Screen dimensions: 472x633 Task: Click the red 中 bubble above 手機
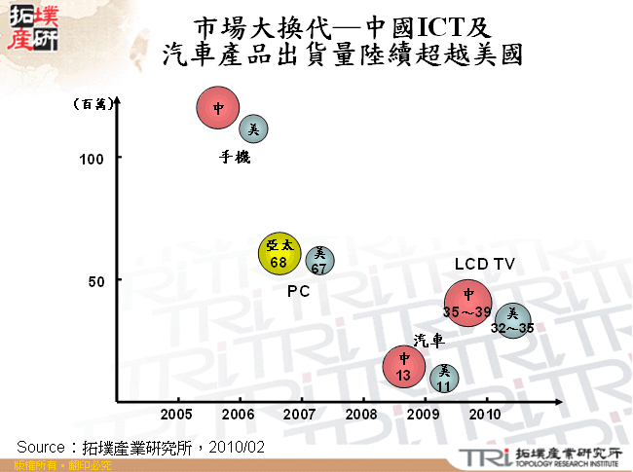pos(218,108)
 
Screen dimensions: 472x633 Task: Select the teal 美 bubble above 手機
pos(253,128)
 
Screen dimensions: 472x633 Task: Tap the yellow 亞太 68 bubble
pos(279,254)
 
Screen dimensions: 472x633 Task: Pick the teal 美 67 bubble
pos(319,259)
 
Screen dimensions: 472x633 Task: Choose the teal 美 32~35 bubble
pos(512,320)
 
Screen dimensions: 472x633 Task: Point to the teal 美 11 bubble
pos(444,377)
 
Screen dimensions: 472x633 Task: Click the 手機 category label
pos(235,157)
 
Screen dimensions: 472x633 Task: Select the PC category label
pos(298,291)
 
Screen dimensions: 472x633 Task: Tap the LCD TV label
pos(484,264)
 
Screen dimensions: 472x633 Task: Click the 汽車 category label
pos(428,340)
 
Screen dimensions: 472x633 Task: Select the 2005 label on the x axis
pos(177,414)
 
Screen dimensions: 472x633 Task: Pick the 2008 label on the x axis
pos(362,414)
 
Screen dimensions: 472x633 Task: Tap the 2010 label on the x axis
pos(485,414)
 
